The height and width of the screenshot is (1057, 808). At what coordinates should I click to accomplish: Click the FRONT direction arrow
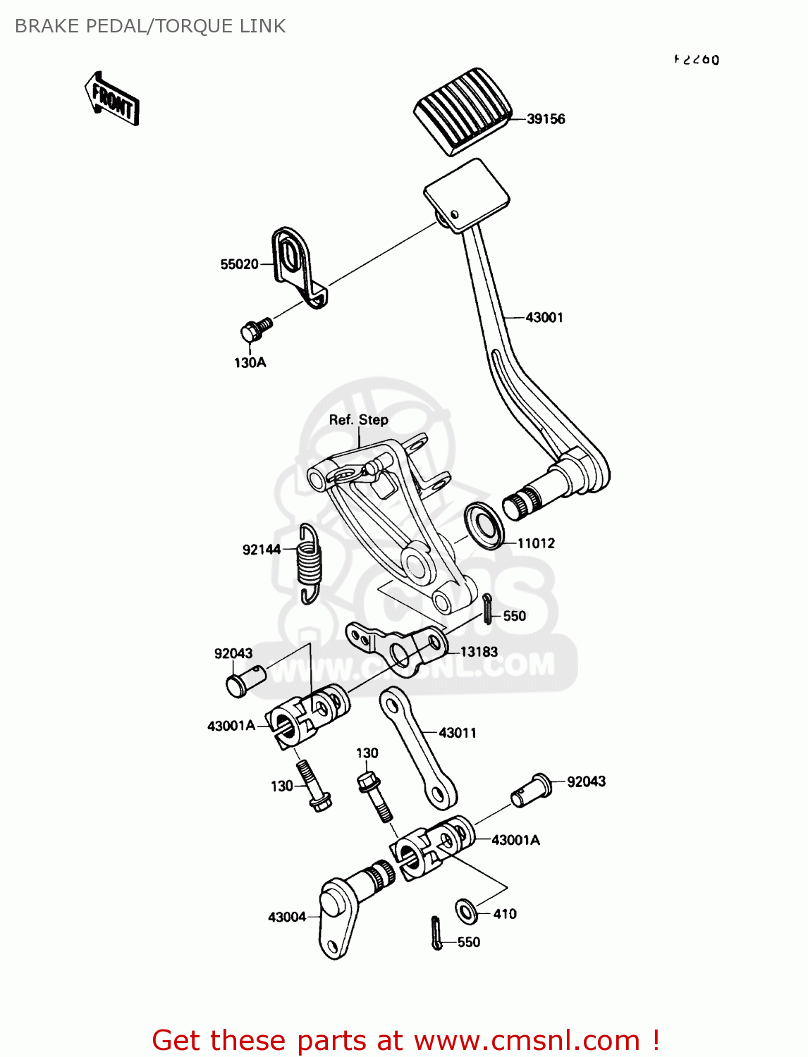point(111,99)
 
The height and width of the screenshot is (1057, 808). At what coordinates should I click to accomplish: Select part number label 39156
point(546,119)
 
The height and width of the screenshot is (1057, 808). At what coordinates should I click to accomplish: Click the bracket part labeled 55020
point(297,265)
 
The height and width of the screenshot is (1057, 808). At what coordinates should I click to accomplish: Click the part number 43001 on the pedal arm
point(544,318)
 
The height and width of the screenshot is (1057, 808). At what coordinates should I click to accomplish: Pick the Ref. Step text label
point(358,420)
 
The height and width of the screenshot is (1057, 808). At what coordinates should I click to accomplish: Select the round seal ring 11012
point(484,526)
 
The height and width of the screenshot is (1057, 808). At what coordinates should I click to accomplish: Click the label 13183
point(479,653)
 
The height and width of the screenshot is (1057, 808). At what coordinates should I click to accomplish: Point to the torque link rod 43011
point(418,747)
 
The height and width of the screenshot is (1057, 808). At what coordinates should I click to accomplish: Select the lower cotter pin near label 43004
point(436,933)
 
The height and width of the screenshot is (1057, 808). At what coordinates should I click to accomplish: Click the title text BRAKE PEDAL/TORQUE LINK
point(150,26)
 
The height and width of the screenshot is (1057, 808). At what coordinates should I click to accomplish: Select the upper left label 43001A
point(231,726)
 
